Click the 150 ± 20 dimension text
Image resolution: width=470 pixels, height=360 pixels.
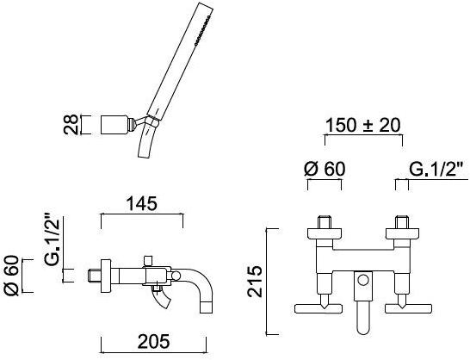(362, 126)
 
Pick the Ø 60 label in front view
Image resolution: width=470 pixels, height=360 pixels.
(325, 169)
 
